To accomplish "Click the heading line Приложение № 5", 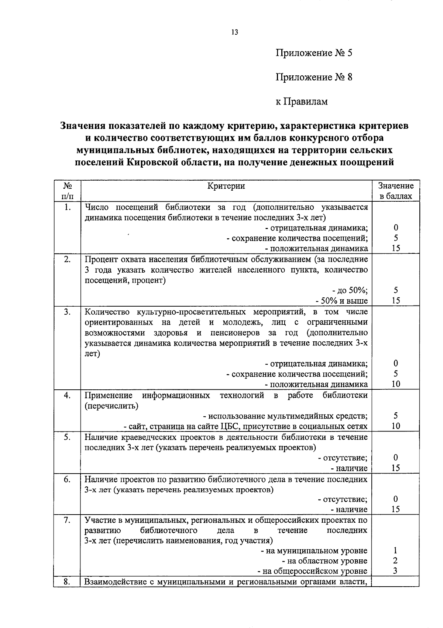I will (x=314, y=53).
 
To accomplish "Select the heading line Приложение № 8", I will (x=314, y=77).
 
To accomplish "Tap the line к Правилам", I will (x=302, y=101).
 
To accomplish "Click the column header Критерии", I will (x=226, y=186).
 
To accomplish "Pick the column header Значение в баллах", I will (x=396, y=191).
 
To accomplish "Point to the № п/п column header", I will (x=67, y=191).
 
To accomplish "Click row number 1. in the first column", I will (x=67, y=207).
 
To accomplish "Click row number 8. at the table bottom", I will (x=67, y=582).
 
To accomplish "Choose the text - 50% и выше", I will (x=341, y=301).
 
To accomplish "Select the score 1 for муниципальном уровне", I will (x=395, y=551).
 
